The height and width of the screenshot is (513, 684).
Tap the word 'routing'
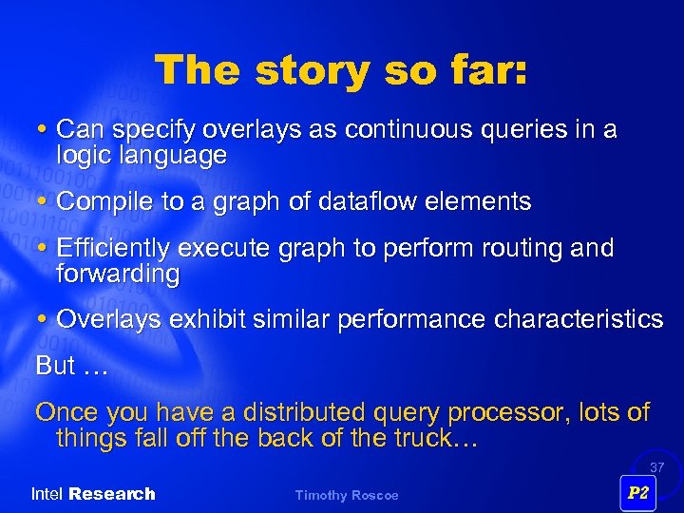click(x=528, y=249)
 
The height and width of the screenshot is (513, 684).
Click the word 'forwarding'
click(x=118, y=275)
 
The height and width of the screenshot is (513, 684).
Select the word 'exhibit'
click(x=204, y=320)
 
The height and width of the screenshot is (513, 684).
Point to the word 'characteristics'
click(x=579, y=320)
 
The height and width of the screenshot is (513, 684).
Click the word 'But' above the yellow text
click(x=54, y=366)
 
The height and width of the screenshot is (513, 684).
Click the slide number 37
click(x=656, y=467)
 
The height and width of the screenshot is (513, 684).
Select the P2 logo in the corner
click(x=638, y=493)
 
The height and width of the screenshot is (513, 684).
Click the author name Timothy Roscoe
click(x=347, y=495)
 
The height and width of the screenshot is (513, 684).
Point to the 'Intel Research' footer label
click(x=92, y=494)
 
